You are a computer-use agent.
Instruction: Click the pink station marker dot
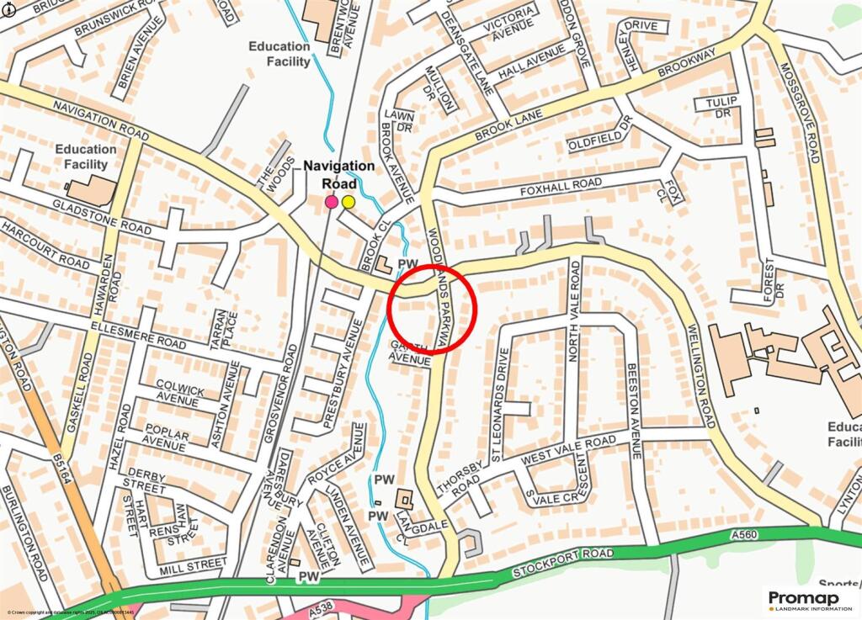coord(332,202)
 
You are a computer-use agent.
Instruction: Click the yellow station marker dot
coord(349,202)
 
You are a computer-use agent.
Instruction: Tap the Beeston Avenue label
coord(635,411)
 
